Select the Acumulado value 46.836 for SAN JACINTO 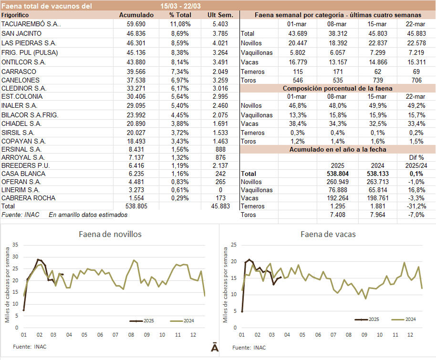click(136, 33)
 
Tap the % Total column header click(180, 15)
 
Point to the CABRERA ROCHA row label click(28, 198)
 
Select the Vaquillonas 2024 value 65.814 click(376, 190)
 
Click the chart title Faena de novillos click(110, 234)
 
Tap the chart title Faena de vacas click(328, 234)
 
